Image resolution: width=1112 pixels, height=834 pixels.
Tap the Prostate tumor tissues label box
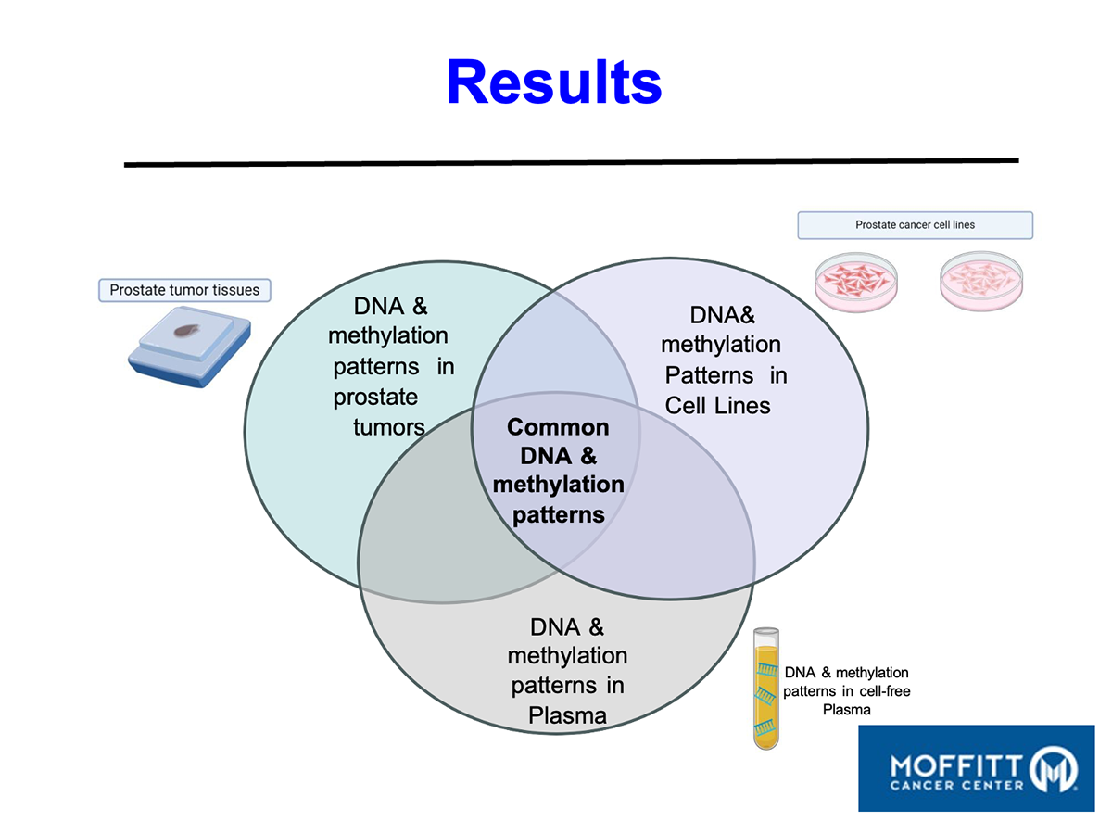pyautogui.click(x=184, y=290)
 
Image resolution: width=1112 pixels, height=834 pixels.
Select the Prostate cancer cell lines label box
pyautogui.click(x=915, y=225)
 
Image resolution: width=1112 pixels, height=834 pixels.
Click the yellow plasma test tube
pyautogui.click(x=764, y=687)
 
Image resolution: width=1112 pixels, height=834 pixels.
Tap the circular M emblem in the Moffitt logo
pyautogui.click(x=1054, y=768)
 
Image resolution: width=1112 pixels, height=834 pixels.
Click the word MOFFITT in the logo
pyautogui.click(x=955, y=765)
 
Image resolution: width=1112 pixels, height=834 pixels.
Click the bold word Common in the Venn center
pyautogui.click(x=558, y=427)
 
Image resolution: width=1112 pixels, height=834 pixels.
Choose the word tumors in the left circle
pyautogui.click(x=389, y=427)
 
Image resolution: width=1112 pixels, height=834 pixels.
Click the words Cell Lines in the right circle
pyautogui.click(x=717, y=405)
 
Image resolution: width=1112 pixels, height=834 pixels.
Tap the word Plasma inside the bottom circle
pyautogui.click(x=567, y=715)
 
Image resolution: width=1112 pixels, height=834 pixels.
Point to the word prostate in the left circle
pyautogui.click(x=375, y=398)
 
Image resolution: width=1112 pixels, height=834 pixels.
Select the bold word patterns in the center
pyautogui.click(x=558, y=513)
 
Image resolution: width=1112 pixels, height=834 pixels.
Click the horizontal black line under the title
pyautogui.click(x=571, y=162)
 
